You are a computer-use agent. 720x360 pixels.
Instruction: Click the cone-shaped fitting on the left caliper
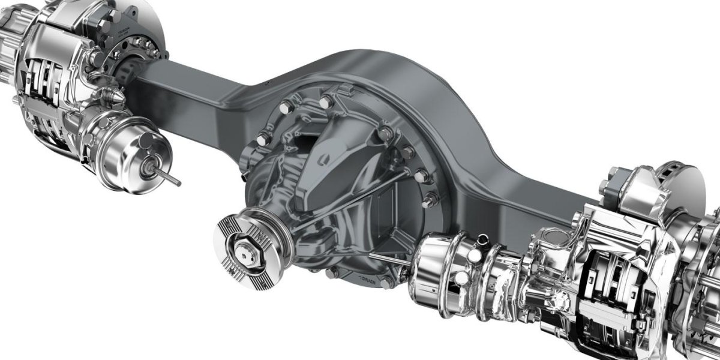(x=116, y=96)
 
